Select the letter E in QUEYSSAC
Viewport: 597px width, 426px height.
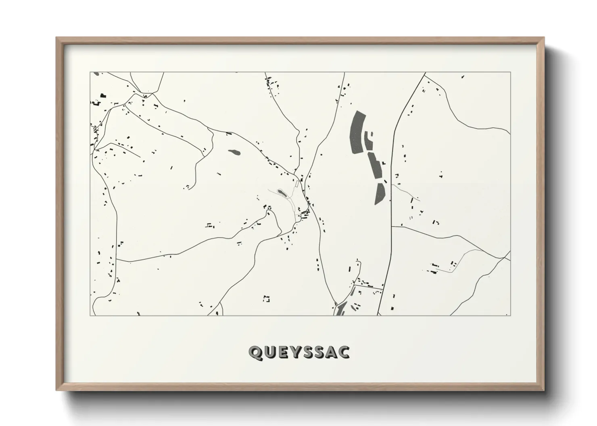click(283, 353)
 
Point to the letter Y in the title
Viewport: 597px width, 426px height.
click(296, 353)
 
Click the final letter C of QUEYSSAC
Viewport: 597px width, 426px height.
click(344, 353)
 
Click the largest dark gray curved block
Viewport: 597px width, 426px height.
click(357, 132)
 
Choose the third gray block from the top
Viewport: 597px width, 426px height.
click(375, 165)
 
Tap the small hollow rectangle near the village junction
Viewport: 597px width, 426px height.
click(298, 184)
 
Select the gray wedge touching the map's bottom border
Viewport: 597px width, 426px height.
click(340, 310)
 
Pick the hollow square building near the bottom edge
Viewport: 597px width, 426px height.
click(266, 299)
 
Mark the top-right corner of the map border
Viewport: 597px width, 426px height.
click(510, 72)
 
